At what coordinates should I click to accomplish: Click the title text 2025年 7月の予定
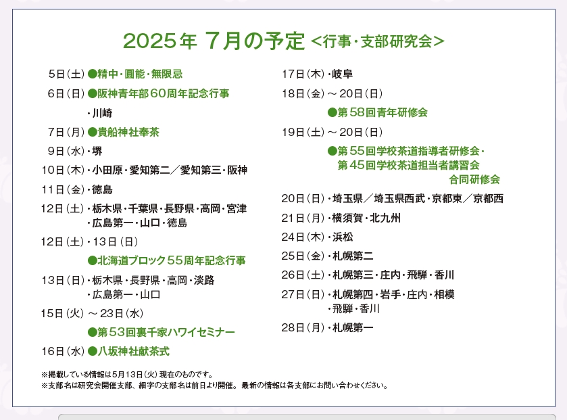click(214, 41)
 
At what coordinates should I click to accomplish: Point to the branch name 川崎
click(102, 113)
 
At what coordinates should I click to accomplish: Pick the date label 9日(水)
click(66, 151)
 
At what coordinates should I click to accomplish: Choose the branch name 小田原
click(107, 170)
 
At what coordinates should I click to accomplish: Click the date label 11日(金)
click(63, 189)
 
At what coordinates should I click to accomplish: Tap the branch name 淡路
click(204, 280)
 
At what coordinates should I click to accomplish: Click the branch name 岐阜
click(343, 74)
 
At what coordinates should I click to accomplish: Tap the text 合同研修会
click(474, 179)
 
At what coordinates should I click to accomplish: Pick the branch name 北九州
click(385, 218)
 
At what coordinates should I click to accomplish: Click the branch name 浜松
click(343, 237)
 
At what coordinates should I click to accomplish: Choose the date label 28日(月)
click(303, 328)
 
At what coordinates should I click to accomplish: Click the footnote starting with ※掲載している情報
click(127, 375)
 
